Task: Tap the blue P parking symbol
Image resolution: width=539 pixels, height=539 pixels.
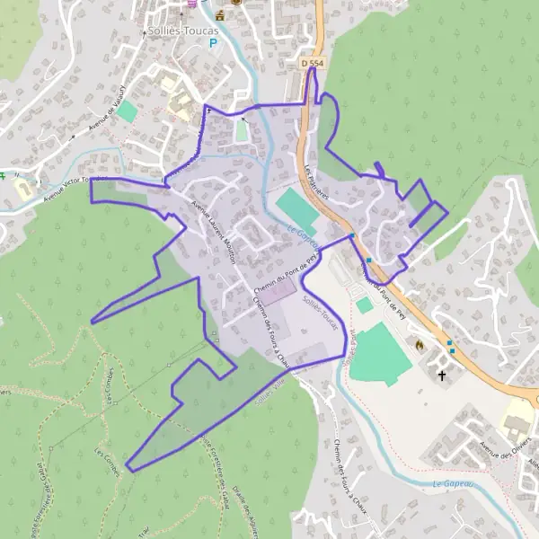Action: [213, 41]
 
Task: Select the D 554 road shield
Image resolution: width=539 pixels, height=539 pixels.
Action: [312, 63]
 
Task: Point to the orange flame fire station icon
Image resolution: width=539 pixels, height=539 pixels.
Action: [419, 343]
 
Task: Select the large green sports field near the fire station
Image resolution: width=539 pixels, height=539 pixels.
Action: [381, 354]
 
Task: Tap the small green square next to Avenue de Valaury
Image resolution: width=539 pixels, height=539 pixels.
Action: [128, 111]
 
